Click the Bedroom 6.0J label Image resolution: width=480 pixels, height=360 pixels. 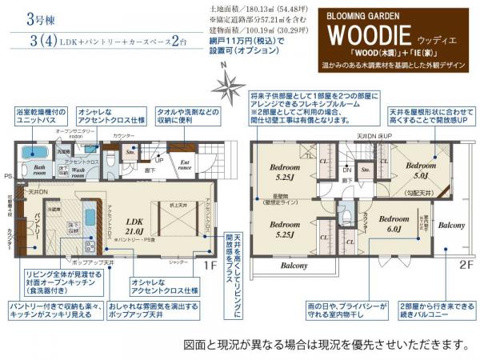394,222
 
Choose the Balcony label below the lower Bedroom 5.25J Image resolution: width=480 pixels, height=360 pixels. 294,263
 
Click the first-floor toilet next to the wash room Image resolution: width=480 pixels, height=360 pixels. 110,157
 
